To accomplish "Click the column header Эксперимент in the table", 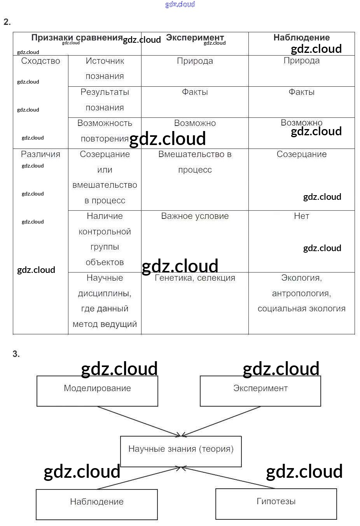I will point(195,38).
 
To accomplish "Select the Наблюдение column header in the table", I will point(301,38).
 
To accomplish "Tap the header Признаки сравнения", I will point(77,38).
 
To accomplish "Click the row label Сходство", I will point(40,61).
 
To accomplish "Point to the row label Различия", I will point(40,154).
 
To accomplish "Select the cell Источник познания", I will point(105,69).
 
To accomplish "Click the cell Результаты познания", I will point(105,100).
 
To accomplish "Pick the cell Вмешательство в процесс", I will point(195,162).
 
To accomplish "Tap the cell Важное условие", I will point(195,216).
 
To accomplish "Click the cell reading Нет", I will point(301,216).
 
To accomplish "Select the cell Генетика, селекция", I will point(195,278).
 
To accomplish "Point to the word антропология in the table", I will point(301,294).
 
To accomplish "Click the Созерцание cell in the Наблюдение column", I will point(301,154).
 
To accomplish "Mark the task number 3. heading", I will point(16,354).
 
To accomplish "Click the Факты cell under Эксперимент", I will point(195,92).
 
